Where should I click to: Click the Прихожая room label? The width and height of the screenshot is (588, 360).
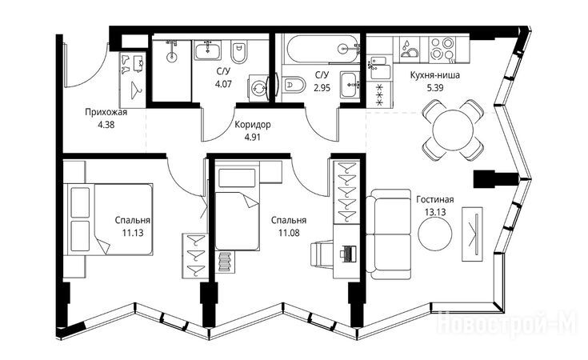click(x=106, y=112)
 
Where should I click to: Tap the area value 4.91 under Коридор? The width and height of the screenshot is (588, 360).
click(x=252, y=138)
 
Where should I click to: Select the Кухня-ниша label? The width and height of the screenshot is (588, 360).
click(x=435, y=75)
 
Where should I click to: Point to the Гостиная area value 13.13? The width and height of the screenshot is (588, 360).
click(x=435, y=212)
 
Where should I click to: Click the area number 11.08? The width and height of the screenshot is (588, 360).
click(x=289, y=233)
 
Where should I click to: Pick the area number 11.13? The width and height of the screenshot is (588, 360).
click(x=132, y=233)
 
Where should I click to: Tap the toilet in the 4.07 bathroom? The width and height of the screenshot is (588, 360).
click(x=239, y=53)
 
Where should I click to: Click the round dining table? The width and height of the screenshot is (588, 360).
click(x=452, y=130)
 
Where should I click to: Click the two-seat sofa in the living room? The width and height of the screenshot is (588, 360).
click(x=388, y=234)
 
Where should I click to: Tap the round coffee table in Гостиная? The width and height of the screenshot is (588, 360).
click(x=435, y=234)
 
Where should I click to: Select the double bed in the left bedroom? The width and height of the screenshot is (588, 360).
click(x=109, y=219)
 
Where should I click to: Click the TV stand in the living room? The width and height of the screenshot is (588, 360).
click(x=472, y=234)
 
